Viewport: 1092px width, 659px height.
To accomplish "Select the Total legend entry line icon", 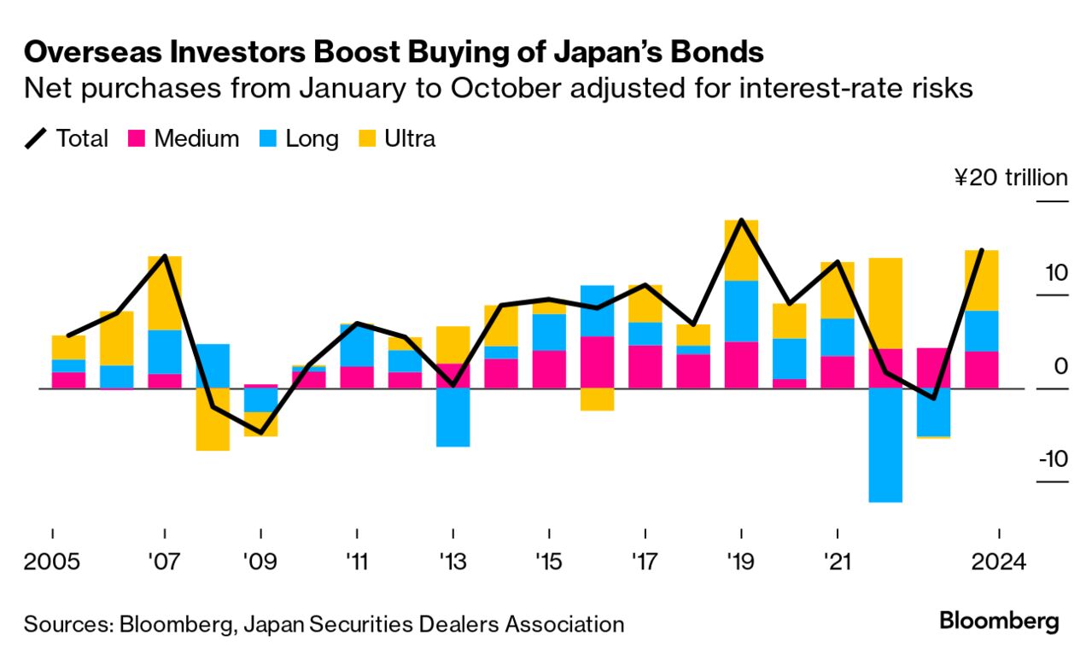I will click(36, 138).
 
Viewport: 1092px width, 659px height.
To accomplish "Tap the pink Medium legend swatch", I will click(137, 138).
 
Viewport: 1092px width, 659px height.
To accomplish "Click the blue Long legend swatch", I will click(268, 138).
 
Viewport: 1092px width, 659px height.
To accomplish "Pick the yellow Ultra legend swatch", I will click(367, 138).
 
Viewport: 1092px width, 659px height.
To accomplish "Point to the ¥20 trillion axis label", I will click(1011, 178).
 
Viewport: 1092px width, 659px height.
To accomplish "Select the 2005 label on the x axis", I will click(52, 564).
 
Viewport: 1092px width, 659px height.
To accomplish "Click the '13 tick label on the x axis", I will click(453, 564).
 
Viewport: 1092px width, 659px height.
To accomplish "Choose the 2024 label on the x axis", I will click(996, 564).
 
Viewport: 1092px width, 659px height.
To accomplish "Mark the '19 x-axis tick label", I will click(740, 564).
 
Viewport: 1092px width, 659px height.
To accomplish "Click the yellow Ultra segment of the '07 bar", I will click(165, 292).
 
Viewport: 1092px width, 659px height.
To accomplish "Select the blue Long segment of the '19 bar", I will click(741, 311).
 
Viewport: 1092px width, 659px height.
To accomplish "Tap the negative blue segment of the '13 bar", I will click(453, 417).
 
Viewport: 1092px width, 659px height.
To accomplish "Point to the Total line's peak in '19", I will click(741, 220).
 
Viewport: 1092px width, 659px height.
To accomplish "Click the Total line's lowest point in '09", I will click(261, 433).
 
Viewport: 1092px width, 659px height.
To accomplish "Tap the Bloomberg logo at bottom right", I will click(999, 621).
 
